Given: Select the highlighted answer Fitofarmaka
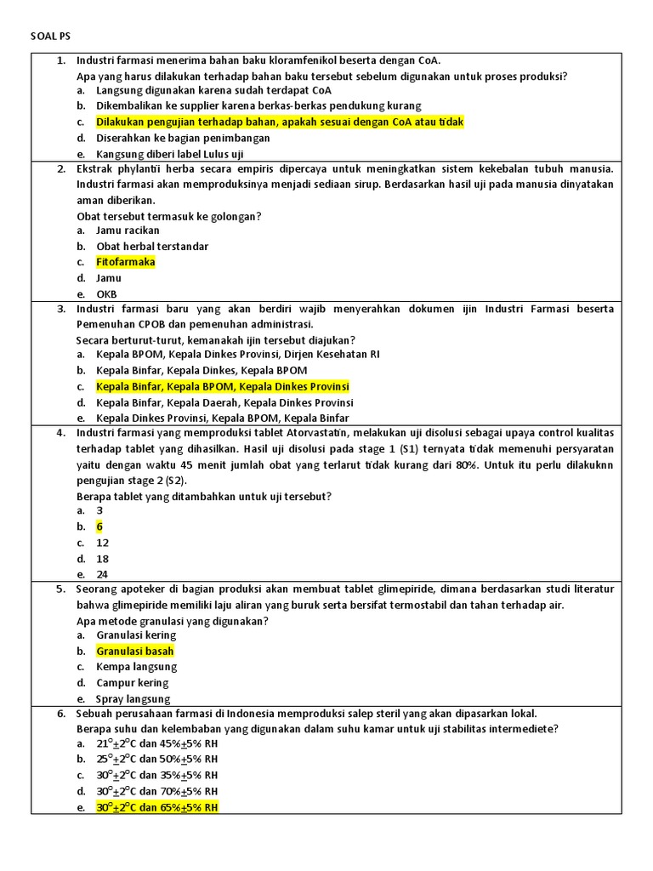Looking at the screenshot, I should tap(126, 262).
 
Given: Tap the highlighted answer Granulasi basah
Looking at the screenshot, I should tap(135, 651).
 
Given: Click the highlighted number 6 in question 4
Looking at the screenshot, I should tap(99, 527).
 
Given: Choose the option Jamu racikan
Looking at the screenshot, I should tap(128, 231).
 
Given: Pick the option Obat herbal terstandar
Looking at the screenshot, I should tap(152, 247).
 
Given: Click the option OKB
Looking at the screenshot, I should tap(106, 294).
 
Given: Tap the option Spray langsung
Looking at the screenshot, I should tap(133, 699).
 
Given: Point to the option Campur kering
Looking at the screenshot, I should tap(133, 683).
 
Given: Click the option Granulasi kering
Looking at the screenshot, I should tap(136, 635).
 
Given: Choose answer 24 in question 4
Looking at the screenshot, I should tap(102, 574).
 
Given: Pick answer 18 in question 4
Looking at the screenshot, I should tap(102, 559).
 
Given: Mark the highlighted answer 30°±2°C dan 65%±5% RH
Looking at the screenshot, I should tap(157, 807).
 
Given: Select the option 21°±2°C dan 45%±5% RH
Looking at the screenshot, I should tap(157, 743).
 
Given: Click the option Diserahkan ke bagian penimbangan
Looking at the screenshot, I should tap(183, 138).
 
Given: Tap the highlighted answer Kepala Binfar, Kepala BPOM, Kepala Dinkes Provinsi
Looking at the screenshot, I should tap(223, 386).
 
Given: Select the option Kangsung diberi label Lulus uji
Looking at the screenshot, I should tap(170, 154).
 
